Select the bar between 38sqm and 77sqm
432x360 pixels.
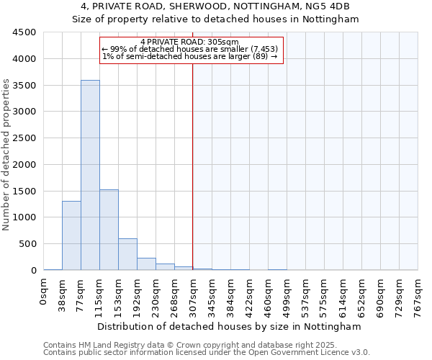coord(71,235)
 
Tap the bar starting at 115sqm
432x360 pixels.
coord(109,230)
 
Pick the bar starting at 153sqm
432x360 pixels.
coord(127,254)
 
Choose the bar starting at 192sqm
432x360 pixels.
coord(146,264)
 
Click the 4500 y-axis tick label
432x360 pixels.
coord(24,32)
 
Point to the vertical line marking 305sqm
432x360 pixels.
coord(193,166)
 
